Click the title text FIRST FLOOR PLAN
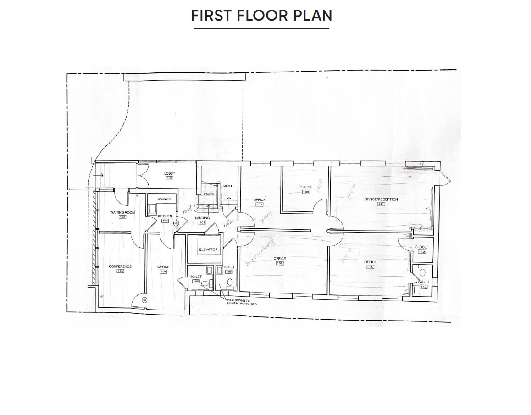pyautogui.click(x=261, y=16)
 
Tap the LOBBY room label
pyautogui.click(x=169, y=173)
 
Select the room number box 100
pyautogui.click(x=169, y=178)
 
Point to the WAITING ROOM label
pyautogui.click(x=122, y=212)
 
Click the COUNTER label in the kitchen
pyautogui.click(x=164, y=199)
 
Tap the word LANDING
pyautogui.click(x=202, y=218)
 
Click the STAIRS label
pyautogui.click(x=208, y=194)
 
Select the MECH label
pyautogui.click(x=227, y=186)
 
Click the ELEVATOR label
pyautogui.click(x=208, y=249)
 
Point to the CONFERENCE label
pyautogui.click(x=120, y=266)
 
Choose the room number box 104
pyautogui.click(x=163, y=271)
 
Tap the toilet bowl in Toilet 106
pyautogui.click(x=230, y=282)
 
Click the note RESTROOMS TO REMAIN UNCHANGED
pyautogui.click(x=242, y=302)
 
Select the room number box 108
pyautogui.click(x=306, y=192)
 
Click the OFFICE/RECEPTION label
pyautogui.click(x=381, y=199)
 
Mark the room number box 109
pyautogui.click(x=280, y=263)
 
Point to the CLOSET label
pyautogui.click(x=422, y=247)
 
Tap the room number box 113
pyautogui.click(x=423, y=287)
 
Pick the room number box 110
pyautogui.click(x=370, y=267)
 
